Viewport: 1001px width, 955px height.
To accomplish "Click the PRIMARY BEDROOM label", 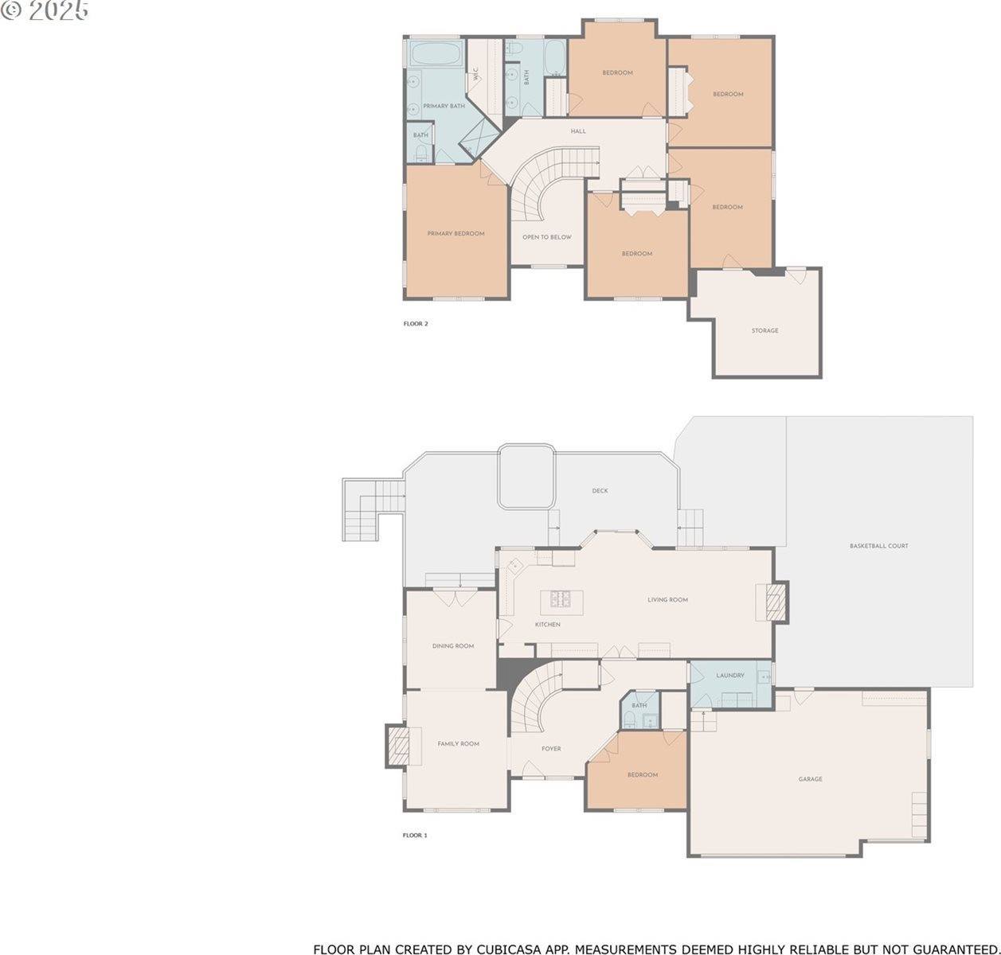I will tap(456, 233).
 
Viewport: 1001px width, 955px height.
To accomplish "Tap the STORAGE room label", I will tap(764, 330).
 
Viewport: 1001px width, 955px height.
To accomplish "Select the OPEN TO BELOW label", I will tap(546, 237).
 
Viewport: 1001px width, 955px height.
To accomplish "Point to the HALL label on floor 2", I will tap(578, 131).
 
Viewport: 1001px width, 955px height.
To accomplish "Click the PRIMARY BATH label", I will tap(444, 106).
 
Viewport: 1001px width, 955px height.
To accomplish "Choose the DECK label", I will tap(600, 491).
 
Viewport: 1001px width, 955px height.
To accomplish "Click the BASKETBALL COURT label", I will tap(878, 546).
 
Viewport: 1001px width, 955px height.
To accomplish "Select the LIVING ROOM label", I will tap(667, 599).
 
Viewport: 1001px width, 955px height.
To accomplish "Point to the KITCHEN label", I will tap(547, 625).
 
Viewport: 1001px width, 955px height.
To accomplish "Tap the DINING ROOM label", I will tap(453, 646).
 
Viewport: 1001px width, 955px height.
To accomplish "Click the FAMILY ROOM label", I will tap(458, 744).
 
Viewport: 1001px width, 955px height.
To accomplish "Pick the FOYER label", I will tap(551, 749).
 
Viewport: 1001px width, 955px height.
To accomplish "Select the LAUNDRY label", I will tap(729, 676).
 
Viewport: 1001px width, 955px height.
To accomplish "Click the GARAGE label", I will tap(810, 779).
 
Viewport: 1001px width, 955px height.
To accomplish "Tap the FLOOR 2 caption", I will tap(416, 324).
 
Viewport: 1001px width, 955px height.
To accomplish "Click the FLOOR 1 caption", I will tap(415, 836).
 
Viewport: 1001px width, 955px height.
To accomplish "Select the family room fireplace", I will tap(398, 745).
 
